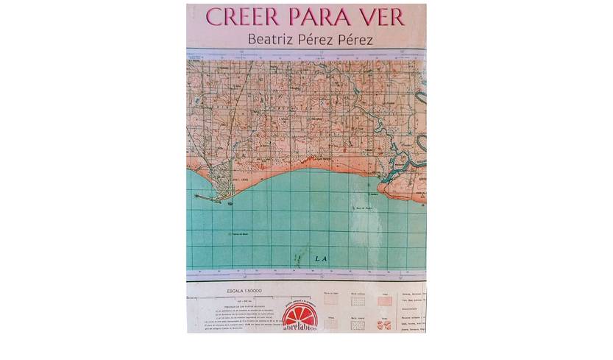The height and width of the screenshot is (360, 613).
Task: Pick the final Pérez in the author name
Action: [355, 38]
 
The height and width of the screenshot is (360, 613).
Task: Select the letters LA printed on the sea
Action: [320, 258]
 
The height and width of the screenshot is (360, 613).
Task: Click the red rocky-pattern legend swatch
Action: [384, 324]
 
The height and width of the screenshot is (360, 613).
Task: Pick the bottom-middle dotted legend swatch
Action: [358, 324]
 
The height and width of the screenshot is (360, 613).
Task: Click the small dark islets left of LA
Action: [297, 260]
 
